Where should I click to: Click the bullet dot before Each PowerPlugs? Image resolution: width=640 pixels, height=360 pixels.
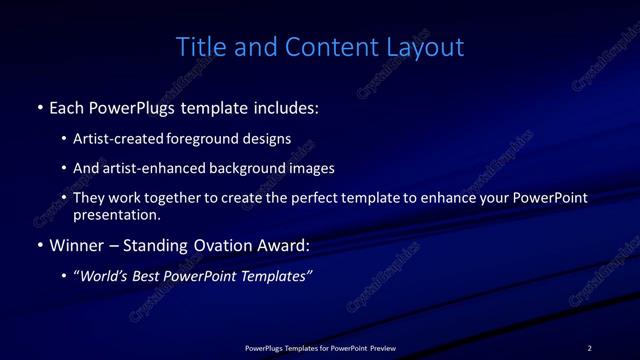click(39, 106)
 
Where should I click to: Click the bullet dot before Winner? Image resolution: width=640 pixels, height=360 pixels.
click(39, 244)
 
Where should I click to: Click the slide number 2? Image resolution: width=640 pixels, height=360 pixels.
click(589, 348)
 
